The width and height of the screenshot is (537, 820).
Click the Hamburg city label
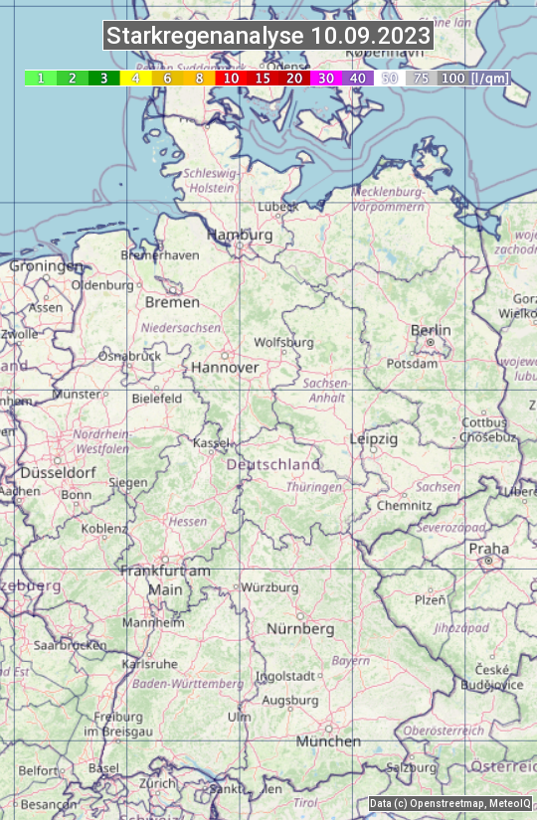tap(239, 235)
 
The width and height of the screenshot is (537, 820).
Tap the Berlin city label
tap(431, 330)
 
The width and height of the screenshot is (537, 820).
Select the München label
tap(328, 741)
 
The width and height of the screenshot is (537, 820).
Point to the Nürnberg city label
tap(300, 629)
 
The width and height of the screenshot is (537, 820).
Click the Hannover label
tap(225, 367)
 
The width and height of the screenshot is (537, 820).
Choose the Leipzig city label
tap(374, 438)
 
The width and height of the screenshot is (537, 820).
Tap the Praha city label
tap(488, 549)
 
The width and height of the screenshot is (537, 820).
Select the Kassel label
tap(212, 442)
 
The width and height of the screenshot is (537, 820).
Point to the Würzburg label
tap(269, 587)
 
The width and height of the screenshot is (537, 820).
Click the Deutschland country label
tap(273, 464)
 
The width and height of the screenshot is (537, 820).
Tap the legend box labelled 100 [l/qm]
tap(473, 78)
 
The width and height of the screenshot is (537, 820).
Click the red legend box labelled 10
tap(231, 78)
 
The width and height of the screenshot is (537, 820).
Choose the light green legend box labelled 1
tap(41, 78)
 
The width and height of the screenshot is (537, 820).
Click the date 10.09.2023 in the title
tap(371, 37)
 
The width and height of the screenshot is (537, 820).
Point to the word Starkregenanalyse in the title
tap(206, 37)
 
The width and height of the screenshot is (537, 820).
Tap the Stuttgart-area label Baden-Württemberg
tap(188, 684)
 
